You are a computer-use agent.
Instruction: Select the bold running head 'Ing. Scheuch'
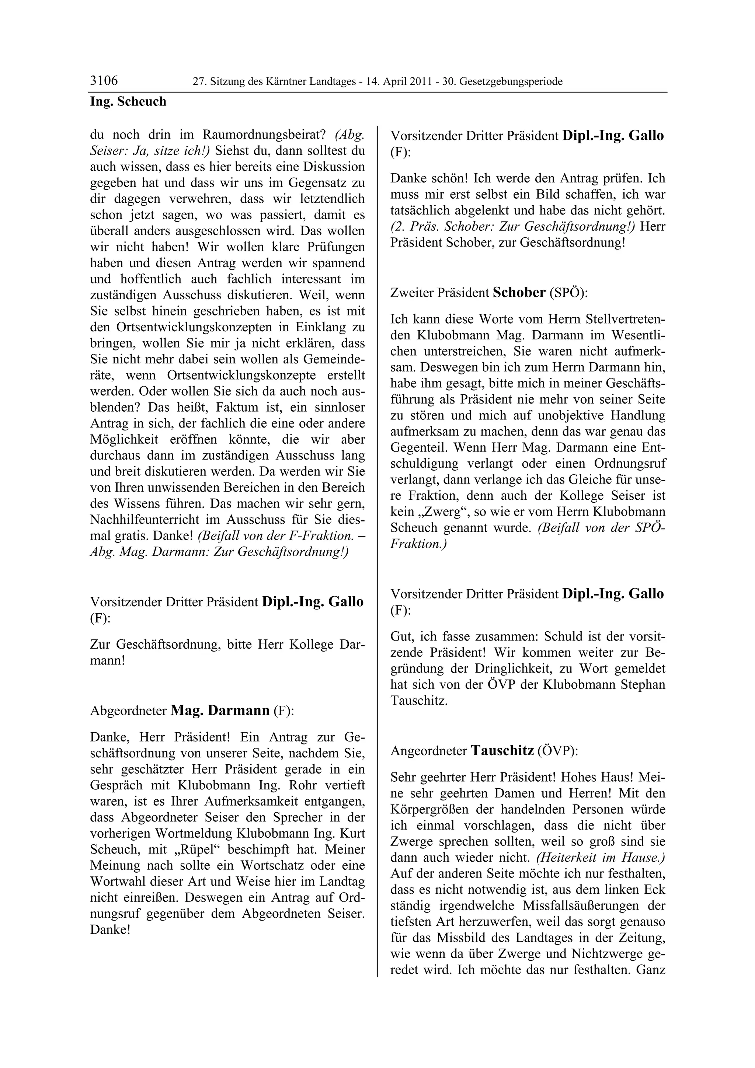(x=128, y=101)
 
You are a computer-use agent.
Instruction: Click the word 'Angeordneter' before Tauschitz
(x=428, y=751)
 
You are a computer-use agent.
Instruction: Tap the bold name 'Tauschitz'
(x=502, y=750)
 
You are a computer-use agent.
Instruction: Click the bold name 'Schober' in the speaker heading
(x=519, y=293)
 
